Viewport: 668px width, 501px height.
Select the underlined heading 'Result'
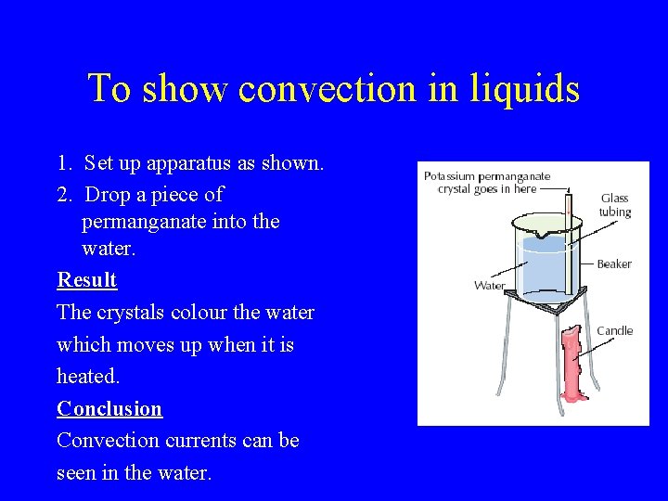(x=86, y=280)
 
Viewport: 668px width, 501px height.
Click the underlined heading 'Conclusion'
(x=109, y=409)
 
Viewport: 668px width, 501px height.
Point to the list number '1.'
(x=65, y=164)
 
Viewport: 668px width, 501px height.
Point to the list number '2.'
(x=65, y=195)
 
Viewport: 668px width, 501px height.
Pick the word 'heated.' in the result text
(x=88, y=377)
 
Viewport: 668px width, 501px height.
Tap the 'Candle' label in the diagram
(x=614, y=331)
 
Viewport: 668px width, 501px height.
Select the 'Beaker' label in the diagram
(x=613, y=264)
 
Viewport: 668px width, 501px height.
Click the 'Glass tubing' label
(x=614, y=205)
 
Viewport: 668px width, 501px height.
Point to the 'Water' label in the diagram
(x=489, y=286)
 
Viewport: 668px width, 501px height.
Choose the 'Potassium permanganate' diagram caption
(x=487, y=182)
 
